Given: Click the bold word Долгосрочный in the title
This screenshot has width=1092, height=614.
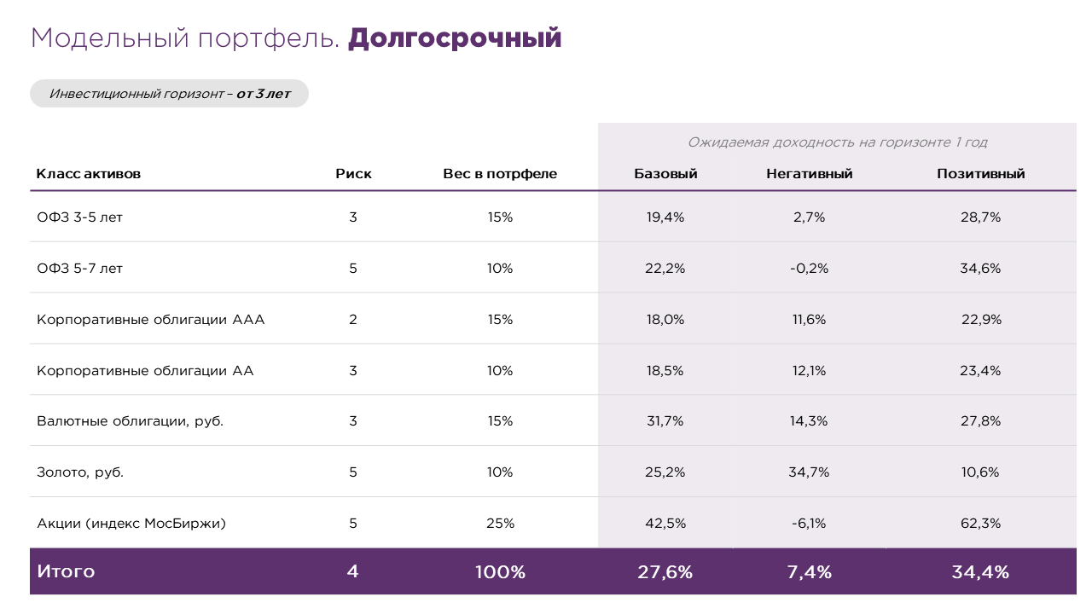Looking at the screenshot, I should pyautogui.click(x=455, y=38).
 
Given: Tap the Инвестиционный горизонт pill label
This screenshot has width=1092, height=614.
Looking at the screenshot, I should pyautogui.click(x=169, y=94).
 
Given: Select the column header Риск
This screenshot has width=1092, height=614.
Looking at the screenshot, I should pyautogui.click(x=353, y=174).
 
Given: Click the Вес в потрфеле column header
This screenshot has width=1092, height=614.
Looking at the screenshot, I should pyautogui.click(x=500, y=174).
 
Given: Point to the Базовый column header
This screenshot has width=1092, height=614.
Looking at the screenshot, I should pyautogui.click(x=665, y=174).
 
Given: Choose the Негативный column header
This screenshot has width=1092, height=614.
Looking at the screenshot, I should pyautogui.click(x=809, y=174).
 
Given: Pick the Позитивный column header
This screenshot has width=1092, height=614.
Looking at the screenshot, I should pyautogui.click(x=980, y=174).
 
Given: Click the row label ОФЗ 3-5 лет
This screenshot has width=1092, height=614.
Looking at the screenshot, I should pyautogui.click(x=80, y=217).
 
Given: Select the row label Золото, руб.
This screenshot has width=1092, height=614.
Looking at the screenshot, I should pyautogui.click(x=80, y=472).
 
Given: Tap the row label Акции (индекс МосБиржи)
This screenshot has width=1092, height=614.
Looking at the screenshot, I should pyautogui.click(x=131, y=524).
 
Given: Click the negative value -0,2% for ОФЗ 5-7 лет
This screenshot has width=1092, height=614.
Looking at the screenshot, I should pyautogui.click(x=809, y=269).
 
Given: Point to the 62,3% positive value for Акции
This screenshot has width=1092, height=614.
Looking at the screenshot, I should pyautogui.click(x=980, y=524).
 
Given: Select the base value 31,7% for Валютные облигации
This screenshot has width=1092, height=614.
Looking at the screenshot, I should pyautogui.click(x=665, y=421).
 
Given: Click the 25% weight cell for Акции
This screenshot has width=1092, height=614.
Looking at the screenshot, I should pyautogui.click(x=500, y=524).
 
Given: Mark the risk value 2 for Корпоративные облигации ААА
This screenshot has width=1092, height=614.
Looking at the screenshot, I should pyautogui.click(x=353, y=320).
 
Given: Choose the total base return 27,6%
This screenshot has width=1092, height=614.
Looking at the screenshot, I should pyautogui.click(x=665, y=572).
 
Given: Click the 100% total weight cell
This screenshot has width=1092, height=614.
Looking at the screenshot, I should pyautogui.click(x=500, y=572).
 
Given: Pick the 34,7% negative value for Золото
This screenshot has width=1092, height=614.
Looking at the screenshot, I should pyautogui.click(x=809, y=472).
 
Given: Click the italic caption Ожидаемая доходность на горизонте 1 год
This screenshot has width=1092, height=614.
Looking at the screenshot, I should pyautogui.click(x=837, y=142).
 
